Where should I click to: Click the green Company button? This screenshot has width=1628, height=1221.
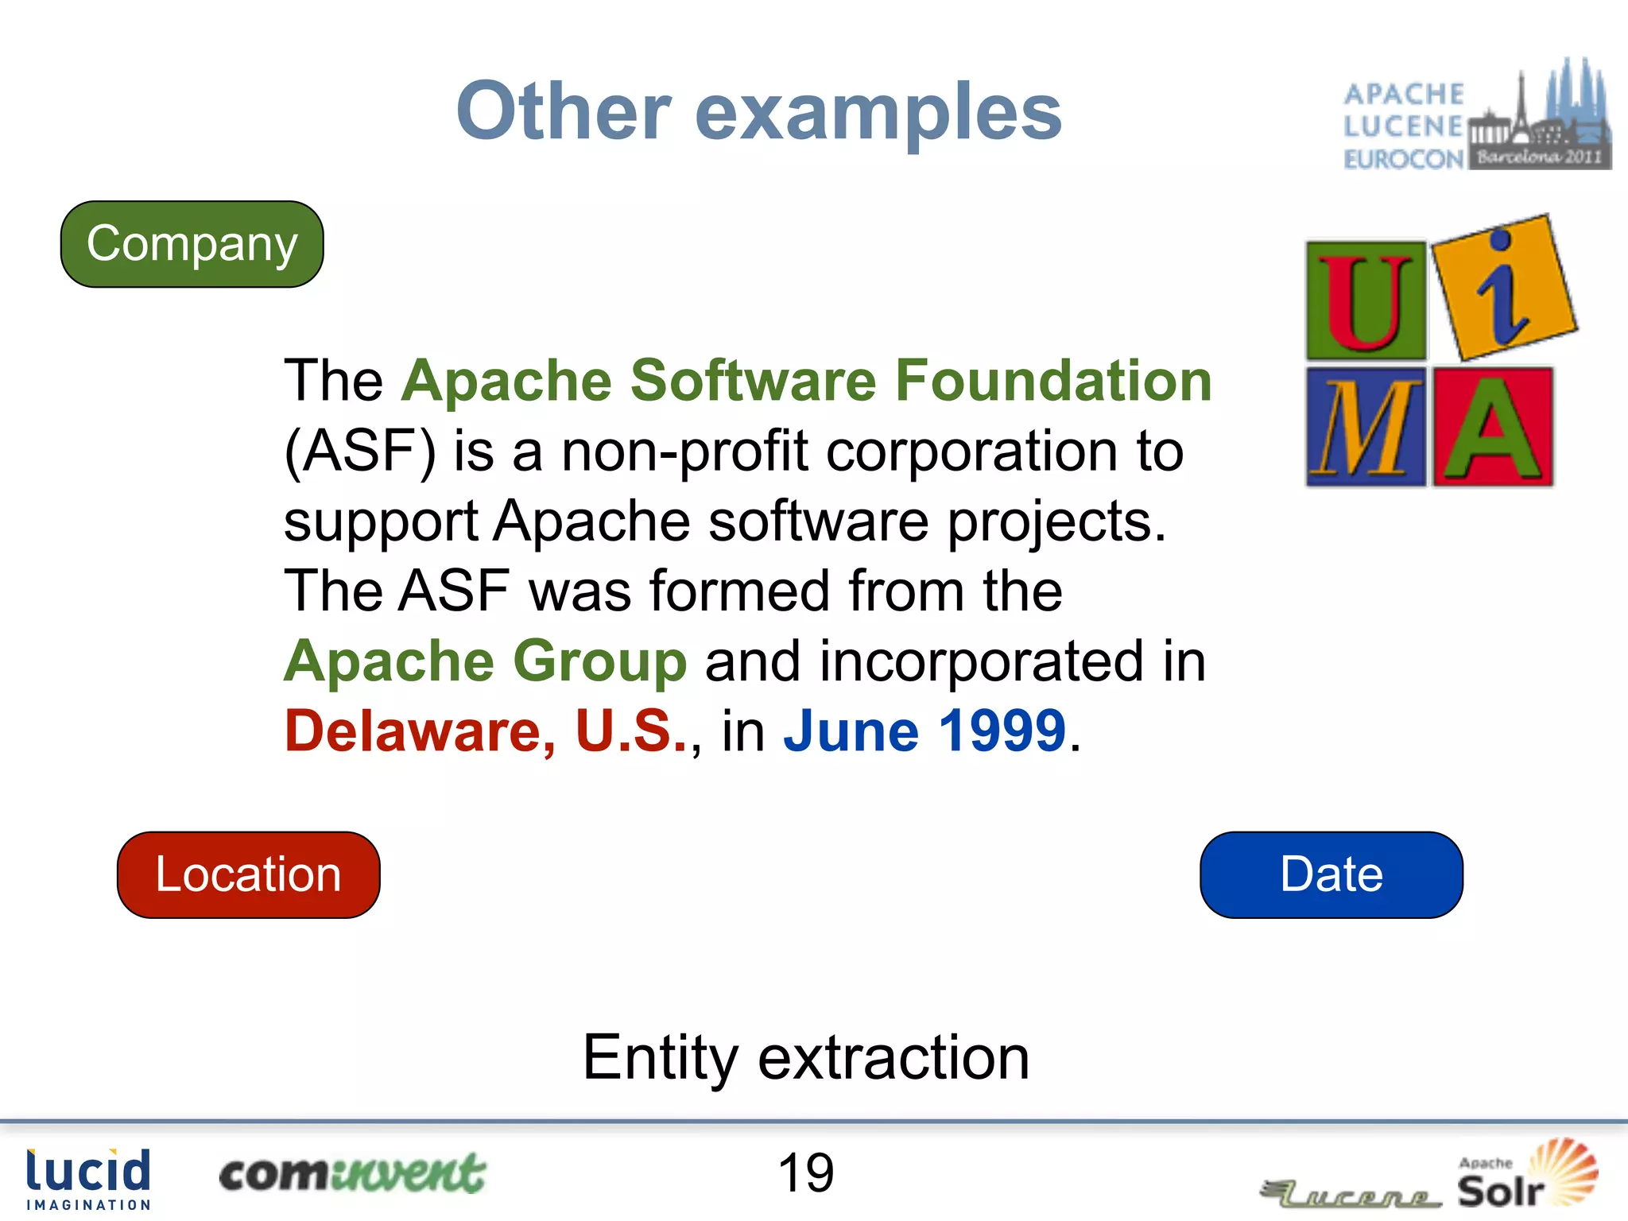tap(192, 244)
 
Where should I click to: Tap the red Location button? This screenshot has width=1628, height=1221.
tap(248, 874)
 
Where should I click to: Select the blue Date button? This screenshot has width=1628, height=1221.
tap(1331, 874)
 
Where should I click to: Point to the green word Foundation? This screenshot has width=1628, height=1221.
tap(1052, 381)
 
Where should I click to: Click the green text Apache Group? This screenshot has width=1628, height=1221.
tap(485, 661)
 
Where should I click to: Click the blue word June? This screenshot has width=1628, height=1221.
tap(851, 731)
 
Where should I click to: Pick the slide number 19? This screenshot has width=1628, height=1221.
tap(805, 1173)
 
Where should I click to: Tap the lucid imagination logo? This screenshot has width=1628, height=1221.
tap(88, 1179)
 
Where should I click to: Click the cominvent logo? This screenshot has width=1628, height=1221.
tap(351, 1175)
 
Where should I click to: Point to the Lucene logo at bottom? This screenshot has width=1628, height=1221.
tap(1351, 1192)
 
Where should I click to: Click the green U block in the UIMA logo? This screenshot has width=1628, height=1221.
tap(1366, 300)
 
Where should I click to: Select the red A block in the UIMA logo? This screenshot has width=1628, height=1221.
tap(1493, 427)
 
